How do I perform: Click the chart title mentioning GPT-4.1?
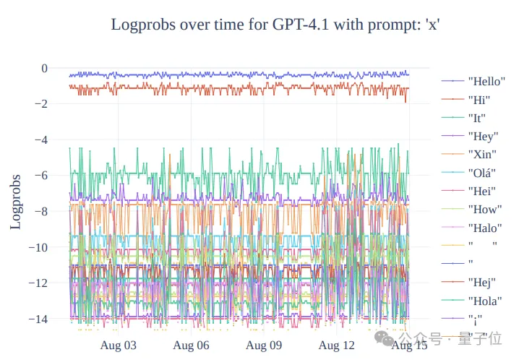pyautogui.click(x=275, y=25)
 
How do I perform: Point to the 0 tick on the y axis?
pyautogui.click(x=44, y=69)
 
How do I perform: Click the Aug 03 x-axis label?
pyautogui.click(x=117, y=346)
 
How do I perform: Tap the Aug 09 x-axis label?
pyautogui.click(x=263, y=346)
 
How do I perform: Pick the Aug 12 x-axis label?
pyautogui.click(x=336, y=346)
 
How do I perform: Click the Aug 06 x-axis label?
pyautogui.click(x=191, y=346)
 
